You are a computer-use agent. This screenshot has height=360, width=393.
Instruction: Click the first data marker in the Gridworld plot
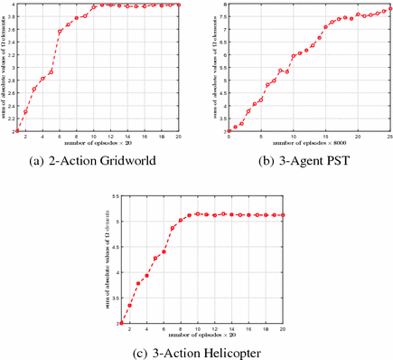[17, 131]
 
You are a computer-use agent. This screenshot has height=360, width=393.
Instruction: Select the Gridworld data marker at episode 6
[60, 32]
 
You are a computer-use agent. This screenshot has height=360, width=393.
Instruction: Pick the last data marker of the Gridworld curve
[180, 5]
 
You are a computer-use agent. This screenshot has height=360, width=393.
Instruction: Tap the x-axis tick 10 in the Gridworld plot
[94, 137]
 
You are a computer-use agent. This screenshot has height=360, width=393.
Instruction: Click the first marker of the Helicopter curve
[122, 322]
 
